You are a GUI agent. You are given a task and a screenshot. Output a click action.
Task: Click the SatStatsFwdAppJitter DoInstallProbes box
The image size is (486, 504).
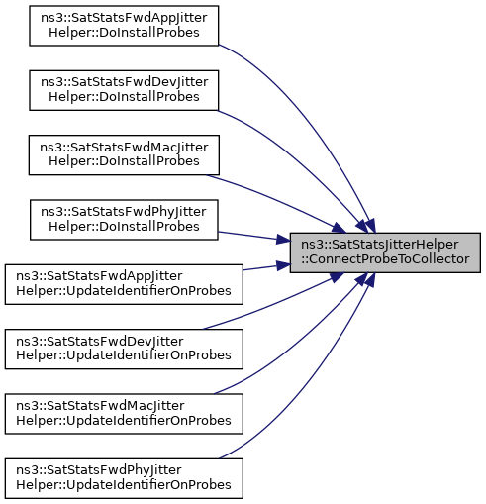point(124,26)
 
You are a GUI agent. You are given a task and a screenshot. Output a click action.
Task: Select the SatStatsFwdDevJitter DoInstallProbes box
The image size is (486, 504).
point(124,90)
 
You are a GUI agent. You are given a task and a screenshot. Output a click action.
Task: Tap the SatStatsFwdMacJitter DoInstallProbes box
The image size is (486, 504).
point(124,154)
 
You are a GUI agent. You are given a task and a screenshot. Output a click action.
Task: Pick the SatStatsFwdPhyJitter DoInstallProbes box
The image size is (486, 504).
point(124,220)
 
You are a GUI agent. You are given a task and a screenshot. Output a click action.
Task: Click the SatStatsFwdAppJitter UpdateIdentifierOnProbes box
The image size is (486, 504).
point(124,284)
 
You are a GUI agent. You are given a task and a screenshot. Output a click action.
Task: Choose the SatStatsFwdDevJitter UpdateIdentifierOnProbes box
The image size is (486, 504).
point(124,349)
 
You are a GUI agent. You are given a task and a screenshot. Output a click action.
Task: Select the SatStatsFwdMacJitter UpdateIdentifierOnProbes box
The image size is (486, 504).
point(124,414)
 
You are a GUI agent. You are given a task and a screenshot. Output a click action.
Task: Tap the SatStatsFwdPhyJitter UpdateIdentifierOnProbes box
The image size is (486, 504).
point(124,478)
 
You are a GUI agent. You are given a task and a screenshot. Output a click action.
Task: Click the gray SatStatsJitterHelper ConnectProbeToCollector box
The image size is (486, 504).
point(385,252)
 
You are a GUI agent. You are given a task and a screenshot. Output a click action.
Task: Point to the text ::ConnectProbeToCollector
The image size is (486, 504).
point(385,259)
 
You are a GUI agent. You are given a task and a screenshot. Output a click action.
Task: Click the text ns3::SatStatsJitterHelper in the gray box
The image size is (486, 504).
point(380,245)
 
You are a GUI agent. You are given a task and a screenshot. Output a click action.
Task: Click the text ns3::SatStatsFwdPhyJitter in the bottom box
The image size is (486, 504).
point(99,470)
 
